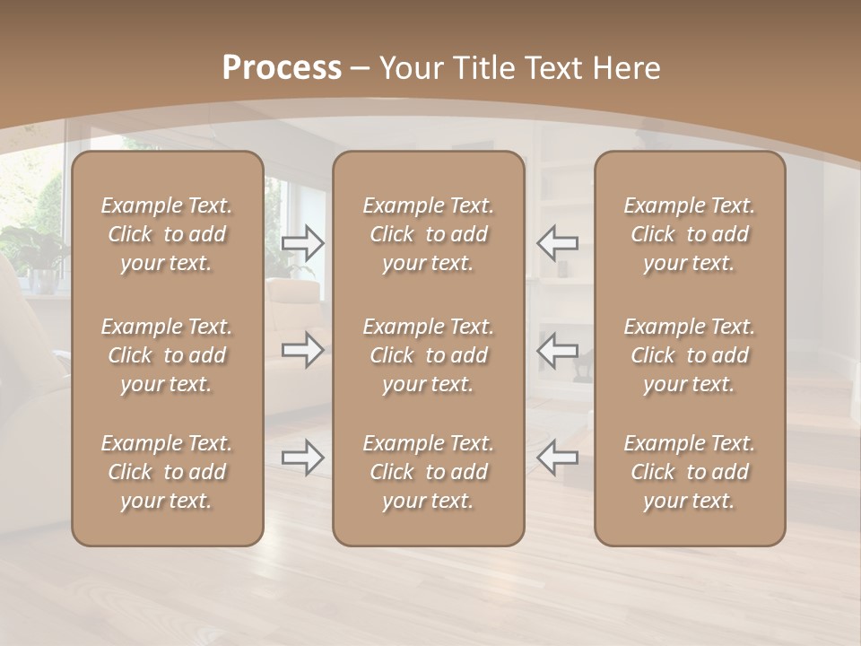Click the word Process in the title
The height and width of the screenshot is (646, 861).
click(282, 68)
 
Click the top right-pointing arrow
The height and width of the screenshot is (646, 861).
click(303, 243)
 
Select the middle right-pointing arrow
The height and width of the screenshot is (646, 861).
click(303, 349)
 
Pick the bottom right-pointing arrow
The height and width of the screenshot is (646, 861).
click(303, 458)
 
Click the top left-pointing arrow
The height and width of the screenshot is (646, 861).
click(557, 243)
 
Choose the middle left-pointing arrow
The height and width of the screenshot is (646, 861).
click(557, 349)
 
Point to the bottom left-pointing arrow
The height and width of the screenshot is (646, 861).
click(557, 458)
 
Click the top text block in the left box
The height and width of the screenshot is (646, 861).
click(167, 234)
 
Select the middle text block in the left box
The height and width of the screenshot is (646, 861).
click(167, 355)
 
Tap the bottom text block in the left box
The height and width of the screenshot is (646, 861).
click(167, 472)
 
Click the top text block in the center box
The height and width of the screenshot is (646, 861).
click(428, 234)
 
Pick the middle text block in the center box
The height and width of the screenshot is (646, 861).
click(428, 355)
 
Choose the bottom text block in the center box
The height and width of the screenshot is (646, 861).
click(428, 472)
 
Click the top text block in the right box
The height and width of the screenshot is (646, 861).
click(690, 234)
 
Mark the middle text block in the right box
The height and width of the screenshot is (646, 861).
click(690, 355)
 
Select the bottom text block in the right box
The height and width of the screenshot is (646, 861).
click(690, 472)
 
